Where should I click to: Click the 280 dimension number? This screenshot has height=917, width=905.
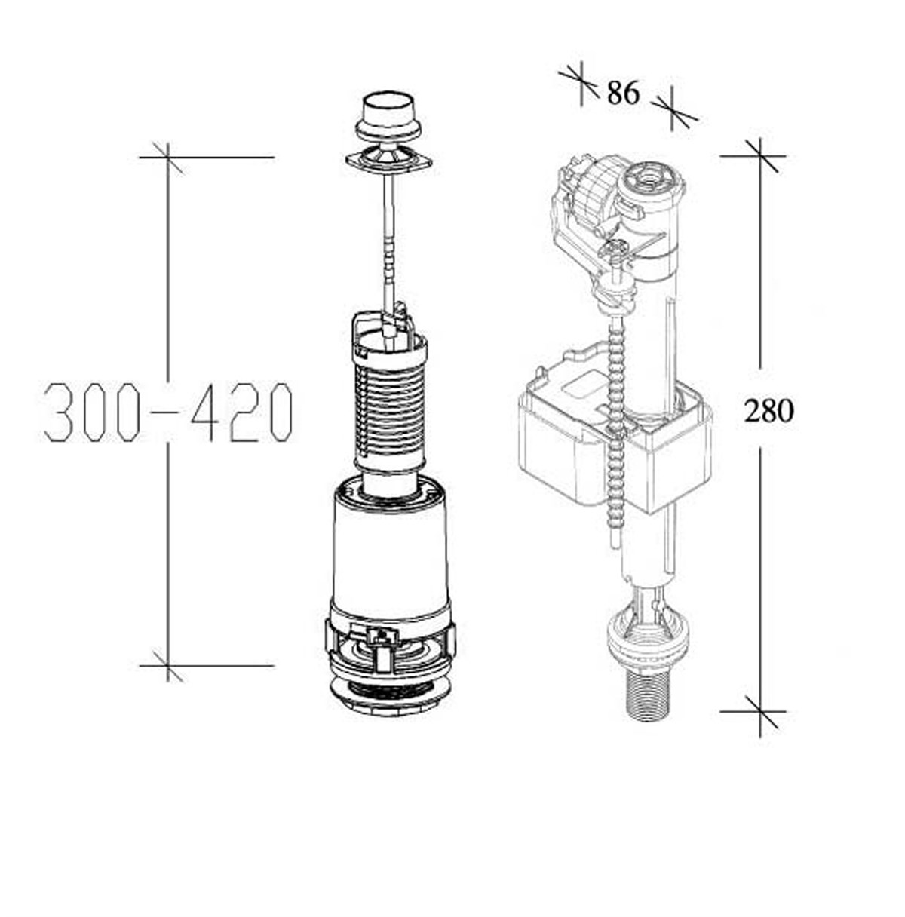pos(769,411)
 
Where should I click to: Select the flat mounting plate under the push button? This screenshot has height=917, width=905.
pos(388,159)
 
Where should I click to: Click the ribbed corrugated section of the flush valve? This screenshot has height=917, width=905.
pos(390,410)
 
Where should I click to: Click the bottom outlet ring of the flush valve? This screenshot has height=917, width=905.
pos(389,697)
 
